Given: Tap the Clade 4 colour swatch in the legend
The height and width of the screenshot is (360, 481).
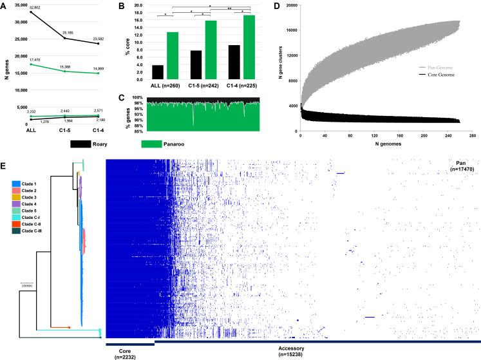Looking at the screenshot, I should point(16,204).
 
